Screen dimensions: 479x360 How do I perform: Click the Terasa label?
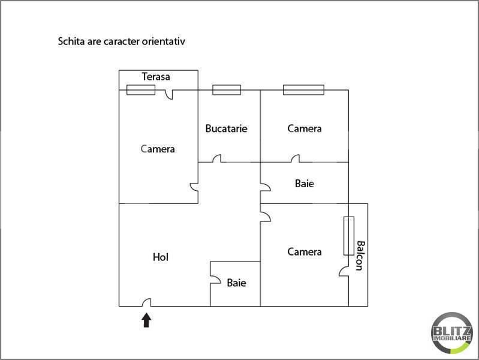[x=156, y=76]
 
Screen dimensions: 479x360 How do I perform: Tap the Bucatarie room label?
[x=227, y=128]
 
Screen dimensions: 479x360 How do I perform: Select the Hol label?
[x=161, y=257]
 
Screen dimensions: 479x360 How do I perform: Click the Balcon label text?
[x=360, y=256]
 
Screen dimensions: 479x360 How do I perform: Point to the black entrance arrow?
[x=147, y=320]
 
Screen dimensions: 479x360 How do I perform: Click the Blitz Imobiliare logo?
[x=451, y=333]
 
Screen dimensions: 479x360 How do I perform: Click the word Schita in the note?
[x=71, y=41]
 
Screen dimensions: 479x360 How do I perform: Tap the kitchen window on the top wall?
[x=227, y=90]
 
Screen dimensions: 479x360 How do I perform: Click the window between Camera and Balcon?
[x=349, y=236]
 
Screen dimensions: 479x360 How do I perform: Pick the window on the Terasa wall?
[x=141, y=90]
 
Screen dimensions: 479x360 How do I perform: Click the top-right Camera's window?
[x=304, y=90]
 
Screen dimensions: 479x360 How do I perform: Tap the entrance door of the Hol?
[x=147, y=302]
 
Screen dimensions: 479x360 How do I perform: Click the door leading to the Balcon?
[x=344, y=271]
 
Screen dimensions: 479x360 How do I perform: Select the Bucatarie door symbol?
[x=217, y=158]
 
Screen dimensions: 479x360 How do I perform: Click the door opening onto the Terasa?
[x=168, y=95]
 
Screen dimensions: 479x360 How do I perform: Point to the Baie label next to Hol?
[x=236, y=283]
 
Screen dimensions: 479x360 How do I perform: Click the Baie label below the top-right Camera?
[x=305, y=184]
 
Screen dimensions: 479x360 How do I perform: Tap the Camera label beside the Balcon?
[x=305, y=252]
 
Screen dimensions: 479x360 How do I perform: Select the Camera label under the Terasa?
[x=158, y=149]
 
